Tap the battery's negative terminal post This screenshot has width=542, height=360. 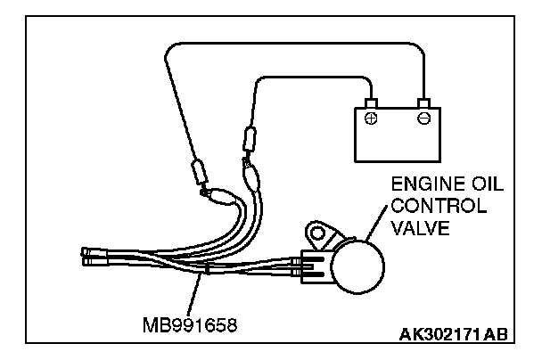(x=424, y=102)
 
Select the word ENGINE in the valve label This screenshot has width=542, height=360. (x=419, y=186)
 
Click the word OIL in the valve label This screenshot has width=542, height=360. (x=485, y=186)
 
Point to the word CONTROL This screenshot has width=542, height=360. (x=437, y=206)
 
